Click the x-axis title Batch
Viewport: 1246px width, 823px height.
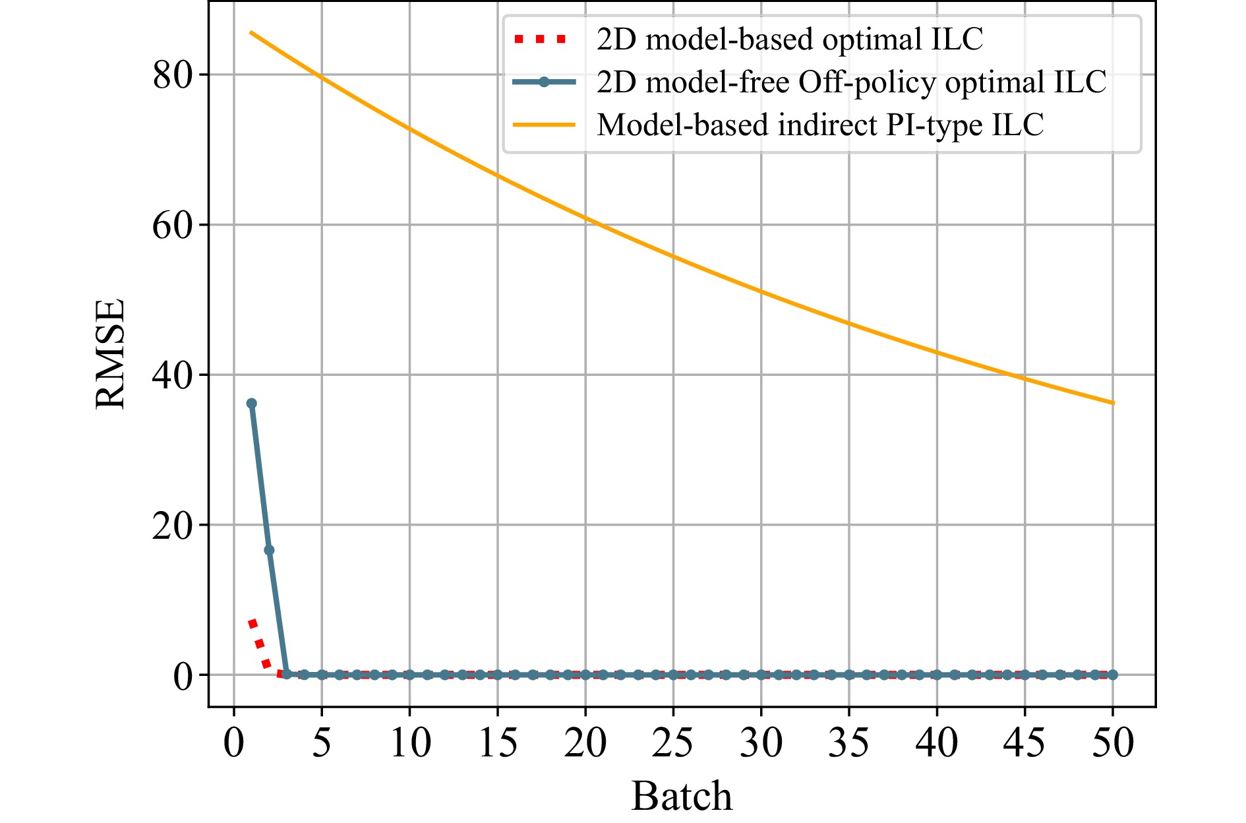[682, 796]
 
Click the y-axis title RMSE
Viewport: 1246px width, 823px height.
[110, 354]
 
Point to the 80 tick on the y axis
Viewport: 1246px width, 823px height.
[172, 75]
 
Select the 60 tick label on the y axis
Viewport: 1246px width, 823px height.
[172, 226]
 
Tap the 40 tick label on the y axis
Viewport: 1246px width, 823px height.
[172, 375]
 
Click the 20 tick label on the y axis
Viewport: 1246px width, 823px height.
[172, 526]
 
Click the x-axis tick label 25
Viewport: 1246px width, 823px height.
[672, 743]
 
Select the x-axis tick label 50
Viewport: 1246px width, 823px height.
[1113, 743]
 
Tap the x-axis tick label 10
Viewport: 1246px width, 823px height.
[409, 743]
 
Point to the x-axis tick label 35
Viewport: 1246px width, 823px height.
[848, 743]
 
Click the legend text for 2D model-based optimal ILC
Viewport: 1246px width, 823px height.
[790, 40]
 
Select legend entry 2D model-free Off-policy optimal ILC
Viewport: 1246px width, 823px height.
[851, 82]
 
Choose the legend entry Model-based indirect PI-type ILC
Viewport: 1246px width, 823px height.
[820, 125]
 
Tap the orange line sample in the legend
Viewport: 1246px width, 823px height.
[543, 125]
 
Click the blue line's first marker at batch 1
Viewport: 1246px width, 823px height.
[251, 404]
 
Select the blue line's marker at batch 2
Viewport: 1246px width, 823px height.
[269, 550]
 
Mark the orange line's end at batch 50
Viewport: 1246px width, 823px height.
[1113, 403]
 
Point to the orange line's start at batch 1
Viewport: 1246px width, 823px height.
[251, 32]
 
